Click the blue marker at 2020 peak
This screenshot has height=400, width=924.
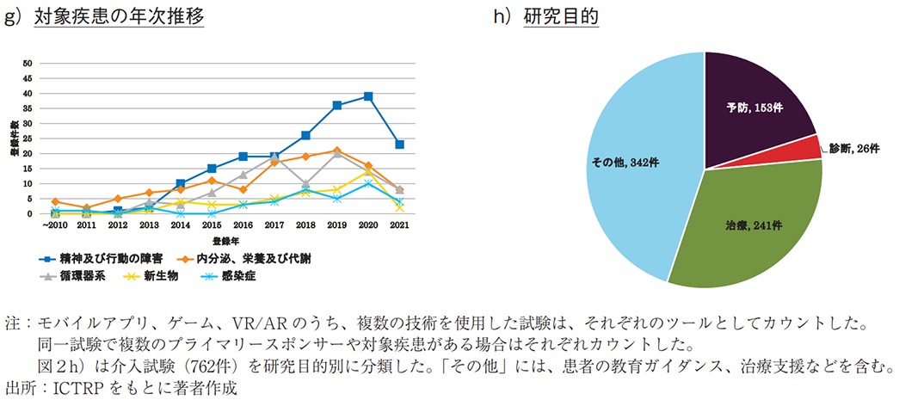(x=368, y=96)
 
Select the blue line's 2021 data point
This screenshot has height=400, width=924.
(x=400, y=145)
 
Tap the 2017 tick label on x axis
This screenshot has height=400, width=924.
(x=274, y=225)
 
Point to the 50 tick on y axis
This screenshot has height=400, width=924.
(x=28, y=63)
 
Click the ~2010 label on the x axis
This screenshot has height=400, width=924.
(x=53, y=225)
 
